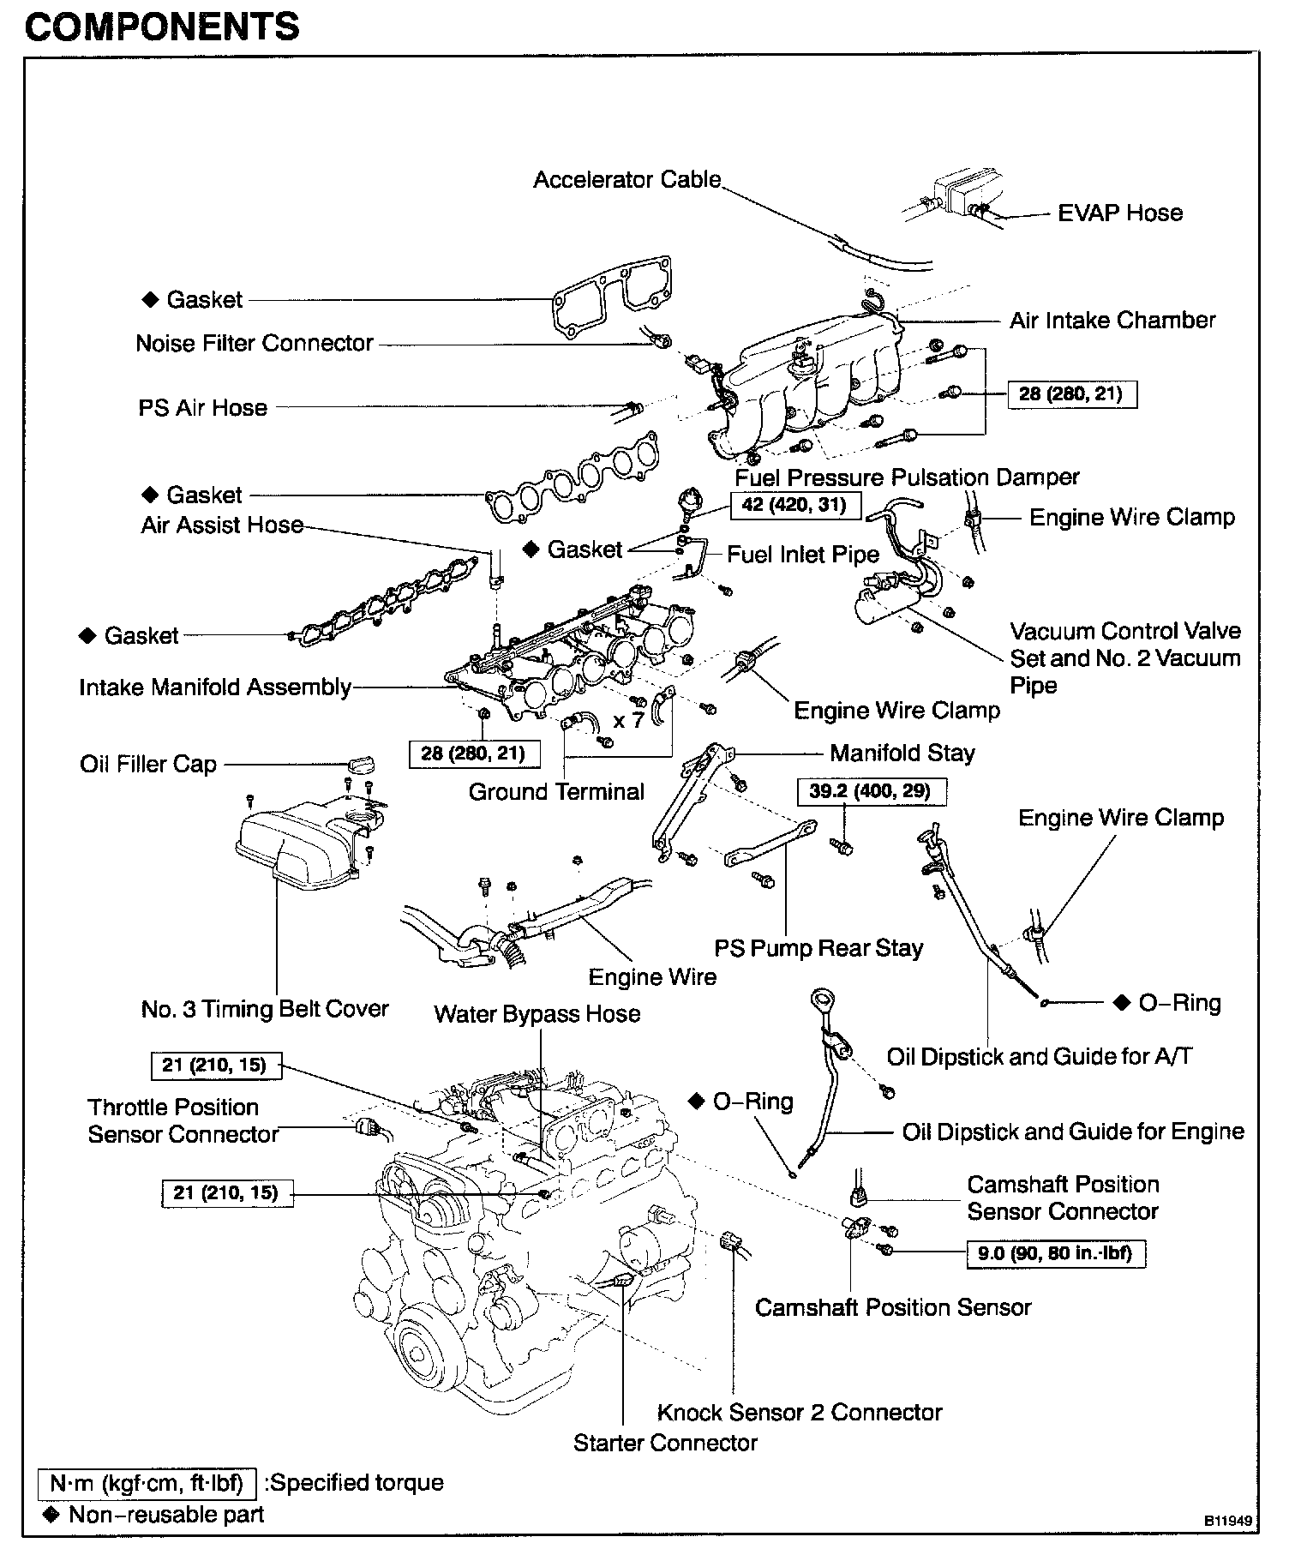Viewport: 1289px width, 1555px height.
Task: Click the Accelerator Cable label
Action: pyautogui.click(x=627, y=180)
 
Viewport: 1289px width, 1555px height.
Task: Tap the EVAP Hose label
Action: pyautogui.click(x=1119, y=213)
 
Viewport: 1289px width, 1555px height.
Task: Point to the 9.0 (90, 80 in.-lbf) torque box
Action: pyautogui.click(x=1055, y=1253)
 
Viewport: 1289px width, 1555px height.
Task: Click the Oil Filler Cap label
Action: pyautogui.click(x=148, y=764)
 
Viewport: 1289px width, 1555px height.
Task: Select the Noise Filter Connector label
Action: pyautogui.click(x=255, y=343)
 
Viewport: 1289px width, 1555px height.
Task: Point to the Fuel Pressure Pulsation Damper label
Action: pyautogui.click(x=907, y=477)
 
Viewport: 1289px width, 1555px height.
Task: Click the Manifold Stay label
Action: pyautogui.click(x=902, y=753)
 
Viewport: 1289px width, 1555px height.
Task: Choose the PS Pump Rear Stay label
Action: pyautogui.click(x=818, y=948)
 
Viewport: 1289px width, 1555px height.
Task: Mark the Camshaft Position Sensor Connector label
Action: pyautogui.click(x=1063, y=1198)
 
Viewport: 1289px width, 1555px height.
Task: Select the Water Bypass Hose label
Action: pyautogui.click(x=537, y=1014)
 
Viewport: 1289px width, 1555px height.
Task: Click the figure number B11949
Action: pyautogui.click(x=1228, y=1522)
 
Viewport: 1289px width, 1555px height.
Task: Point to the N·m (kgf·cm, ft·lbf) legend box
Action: pyautogui.click(x=147, y=1483)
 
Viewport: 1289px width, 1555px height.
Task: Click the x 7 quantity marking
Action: pyautogui.click(x=628, y=720)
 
